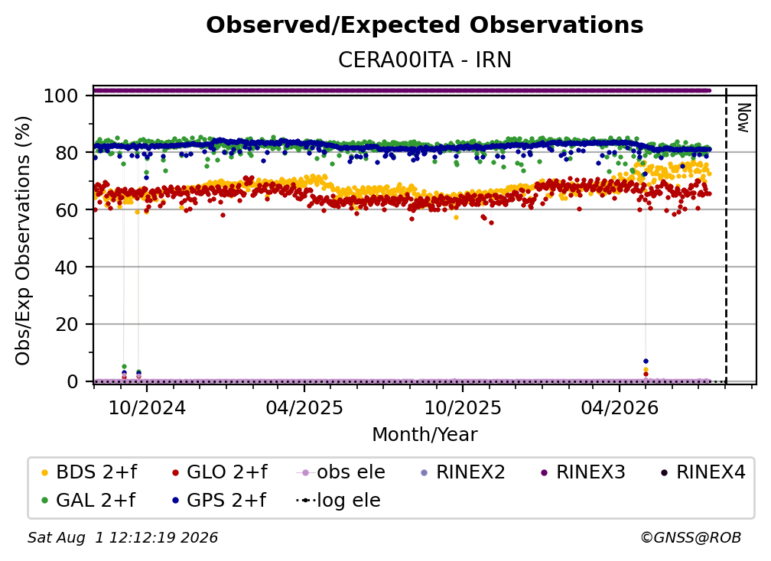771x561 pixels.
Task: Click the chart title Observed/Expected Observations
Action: [425, 25]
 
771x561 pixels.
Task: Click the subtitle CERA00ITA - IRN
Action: [425, 60]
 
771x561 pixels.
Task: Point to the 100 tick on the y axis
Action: [61, 96]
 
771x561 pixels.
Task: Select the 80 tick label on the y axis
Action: [67, 153]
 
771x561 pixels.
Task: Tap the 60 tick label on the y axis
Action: [67, 209]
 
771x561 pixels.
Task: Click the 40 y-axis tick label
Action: [67, 268]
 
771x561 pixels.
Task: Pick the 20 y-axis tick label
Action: [67, 324]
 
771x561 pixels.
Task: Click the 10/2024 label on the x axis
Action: [147, 407]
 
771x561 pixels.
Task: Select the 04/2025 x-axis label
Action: [304, 407]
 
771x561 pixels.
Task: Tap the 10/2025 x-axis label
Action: [463, 407]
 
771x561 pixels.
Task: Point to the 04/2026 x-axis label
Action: [620, 407]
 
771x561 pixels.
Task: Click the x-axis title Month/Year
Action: [425, 435]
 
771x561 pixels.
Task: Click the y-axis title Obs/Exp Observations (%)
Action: [23, 241]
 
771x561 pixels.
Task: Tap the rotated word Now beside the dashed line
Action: [743, 118]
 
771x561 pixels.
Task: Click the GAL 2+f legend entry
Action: [89, 501]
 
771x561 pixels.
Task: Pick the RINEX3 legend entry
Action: [584, 472]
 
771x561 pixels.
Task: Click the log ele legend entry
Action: [339, 501]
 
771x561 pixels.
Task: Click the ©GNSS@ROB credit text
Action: [691, 538]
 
